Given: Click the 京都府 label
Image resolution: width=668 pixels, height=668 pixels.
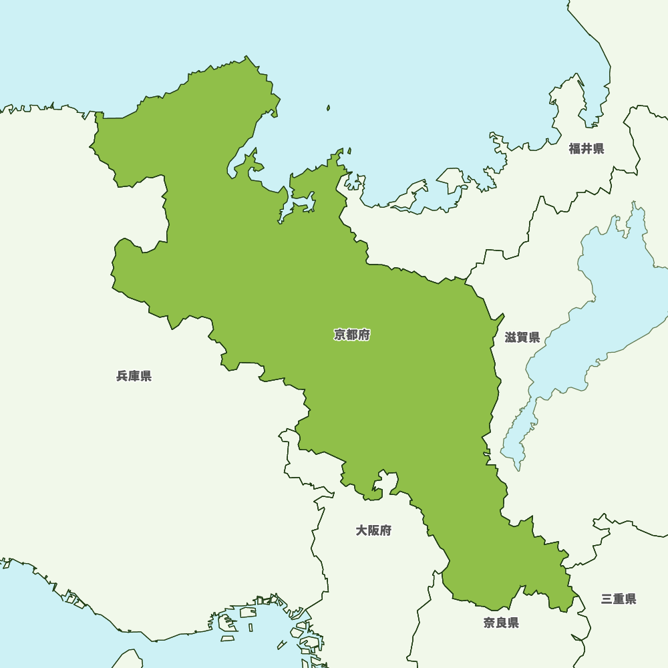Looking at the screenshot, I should [352, 335].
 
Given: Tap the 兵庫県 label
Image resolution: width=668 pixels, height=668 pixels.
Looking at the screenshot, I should [134, 376].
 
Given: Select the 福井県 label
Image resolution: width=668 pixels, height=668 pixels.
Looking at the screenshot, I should [587, 148].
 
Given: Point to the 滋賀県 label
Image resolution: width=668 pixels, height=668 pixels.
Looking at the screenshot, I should [522, 337].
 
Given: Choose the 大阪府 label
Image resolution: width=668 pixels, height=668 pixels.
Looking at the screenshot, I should [373, 530].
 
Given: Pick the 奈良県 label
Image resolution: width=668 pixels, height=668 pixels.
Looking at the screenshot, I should [501, 623].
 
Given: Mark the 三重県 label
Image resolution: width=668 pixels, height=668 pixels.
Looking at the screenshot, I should [619, 599].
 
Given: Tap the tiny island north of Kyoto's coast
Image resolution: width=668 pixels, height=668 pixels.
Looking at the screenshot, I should [328, 108].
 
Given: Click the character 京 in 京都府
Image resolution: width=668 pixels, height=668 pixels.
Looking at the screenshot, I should [340, 335].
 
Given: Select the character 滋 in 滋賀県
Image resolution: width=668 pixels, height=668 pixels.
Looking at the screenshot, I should [511, 337].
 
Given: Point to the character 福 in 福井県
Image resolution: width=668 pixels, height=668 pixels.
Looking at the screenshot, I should [575, 148].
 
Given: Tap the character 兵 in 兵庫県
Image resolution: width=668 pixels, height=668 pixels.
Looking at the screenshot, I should [122, 376].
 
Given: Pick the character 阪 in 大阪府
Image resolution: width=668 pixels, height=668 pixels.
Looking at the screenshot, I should [373, 530].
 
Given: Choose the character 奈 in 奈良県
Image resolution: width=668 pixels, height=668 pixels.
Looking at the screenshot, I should [490, 623].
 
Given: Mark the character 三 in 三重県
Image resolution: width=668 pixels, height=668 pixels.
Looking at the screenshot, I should [607, 599].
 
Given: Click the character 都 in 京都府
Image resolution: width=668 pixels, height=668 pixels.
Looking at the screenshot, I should [352, 335].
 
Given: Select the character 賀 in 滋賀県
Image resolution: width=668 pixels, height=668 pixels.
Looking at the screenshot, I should [522, 337].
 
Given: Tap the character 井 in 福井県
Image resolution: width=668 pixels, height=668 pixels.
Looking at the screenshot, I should [587, 148].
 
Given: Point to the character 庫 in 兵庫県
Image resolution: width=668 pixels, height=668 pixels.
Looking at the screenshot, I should [134, 376].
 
